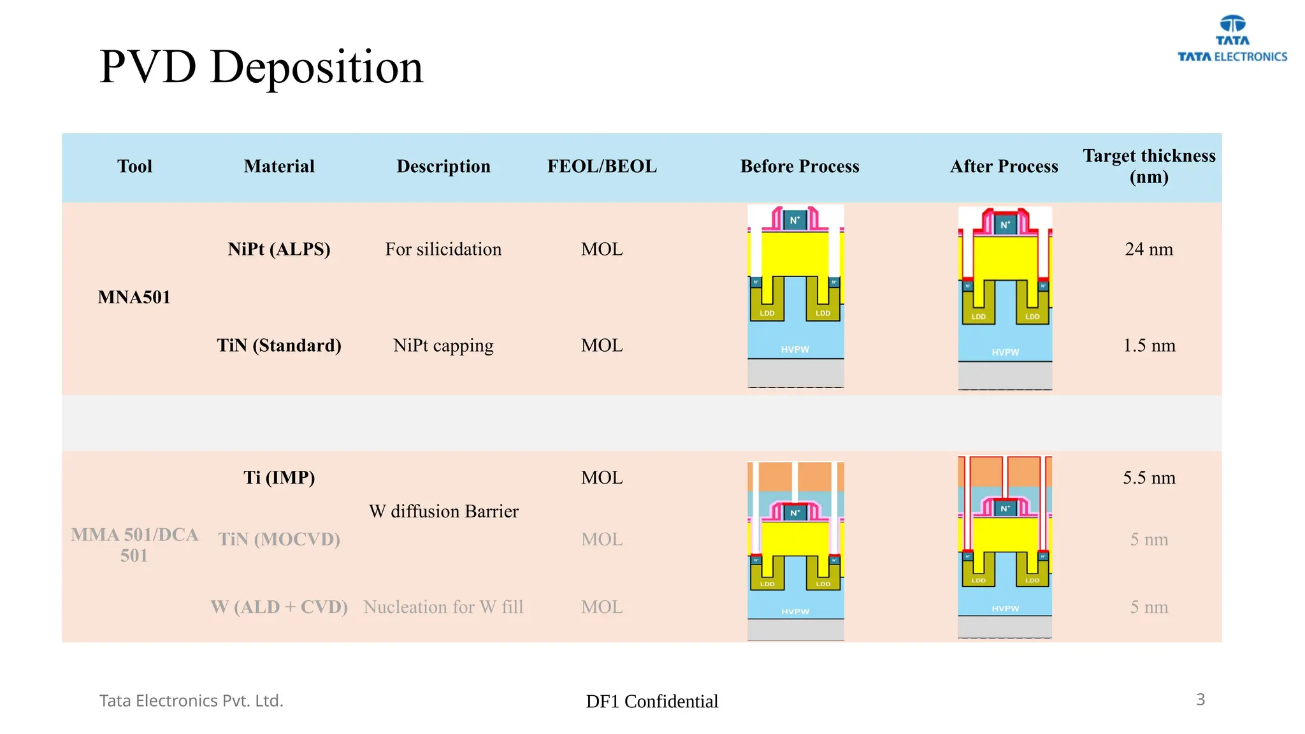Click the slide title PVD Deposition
261,66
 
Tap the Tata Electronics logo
1232,40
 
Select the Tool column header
134,166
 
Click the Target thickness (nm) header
1149,166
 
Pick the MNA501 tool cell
134,297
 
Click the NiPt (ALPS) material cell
279,249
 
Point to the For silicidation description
443,249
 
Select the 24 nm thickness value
1149,249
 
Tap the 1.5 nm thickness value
1149,345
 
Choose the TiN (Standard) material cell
279,345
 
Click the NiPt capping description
443,345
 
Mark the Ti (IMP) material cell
279,477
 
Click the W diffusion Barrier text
443,511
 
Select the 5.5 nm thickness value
1149,477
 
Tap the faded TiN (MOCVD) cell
279,539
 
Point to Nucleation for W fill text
443,607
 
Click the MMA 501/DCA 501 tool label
134,545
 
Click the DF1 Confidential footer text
652,701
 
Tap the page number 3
1200,700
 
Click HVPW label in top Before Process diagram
795,349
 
